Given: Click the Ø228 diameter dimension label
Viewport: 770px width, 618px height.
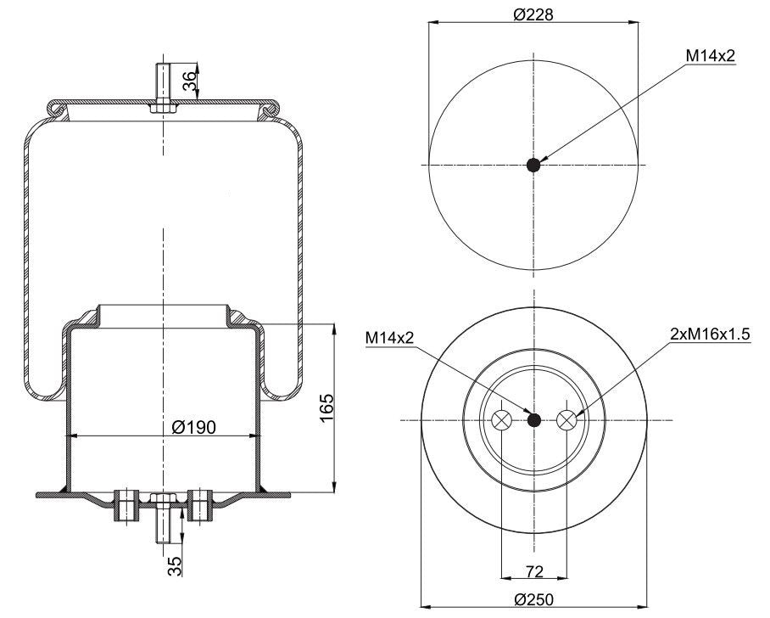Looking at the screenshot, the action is (533, 14).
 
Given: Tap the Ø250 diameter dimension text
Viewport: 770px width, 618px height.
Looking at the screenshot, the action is (533, 600).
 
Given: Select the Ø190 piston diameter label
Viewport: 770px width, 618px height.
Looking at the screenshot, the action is (194, 427).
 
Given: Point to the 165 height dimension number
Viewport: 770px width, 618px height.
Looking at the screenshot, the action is (326, 408).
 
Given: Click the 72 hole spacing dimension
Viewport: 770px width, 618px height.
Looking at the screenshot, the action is (535, 571).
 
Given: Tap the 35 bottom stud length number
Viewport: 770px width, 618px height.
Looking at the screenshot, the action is (175, 566).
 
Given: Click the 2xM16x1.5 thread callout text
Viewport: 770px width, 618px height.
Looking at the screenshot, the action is (710, 334).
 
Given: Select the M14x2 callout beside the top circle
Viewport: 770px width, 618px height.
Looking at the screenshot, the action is (711, 56).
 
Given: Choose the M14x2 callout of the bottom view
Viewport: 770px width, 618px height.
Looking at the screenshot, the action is (390, 337).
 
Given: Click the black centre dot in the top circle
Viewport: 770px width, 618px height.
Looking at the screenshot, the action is (533, 166).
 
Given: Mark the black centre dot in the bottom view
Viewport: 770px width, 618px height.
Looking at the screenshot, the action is (533, 420).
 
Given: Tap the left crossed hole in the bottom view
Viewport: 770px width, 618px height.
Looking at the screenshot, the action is (502, 420).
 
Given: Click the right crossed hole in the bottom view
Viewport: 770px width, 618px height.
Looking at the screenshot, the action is (566, 420).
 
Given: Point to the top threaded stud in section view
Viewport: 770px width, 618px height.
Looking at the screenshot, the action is (163, 88).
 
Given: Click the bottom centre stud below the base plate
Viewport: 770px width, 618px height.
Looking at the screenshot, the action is (163, 518).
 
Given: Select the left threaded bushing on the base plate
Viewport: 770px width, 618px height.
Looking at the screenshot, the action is (126, 505).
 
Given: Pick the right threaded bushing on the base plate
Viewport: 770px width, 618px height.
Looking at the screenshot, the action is (200, 505).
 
